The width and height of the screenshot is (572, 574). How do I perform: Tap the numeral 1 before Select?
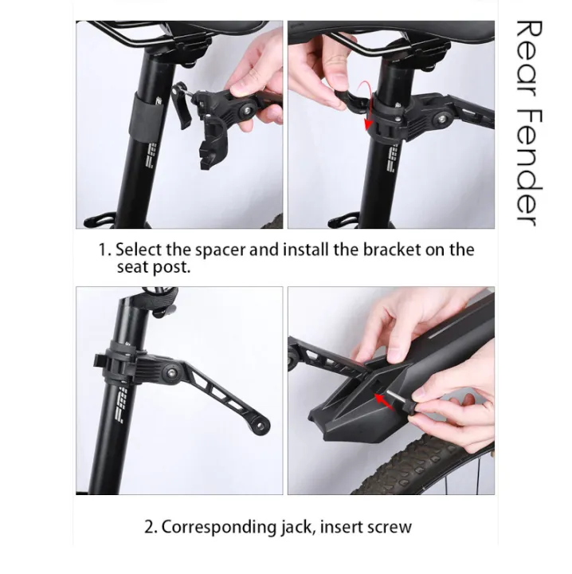point(102,250)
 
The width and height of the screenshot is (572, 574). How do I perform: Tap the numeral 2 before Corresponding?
point(149,527)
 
